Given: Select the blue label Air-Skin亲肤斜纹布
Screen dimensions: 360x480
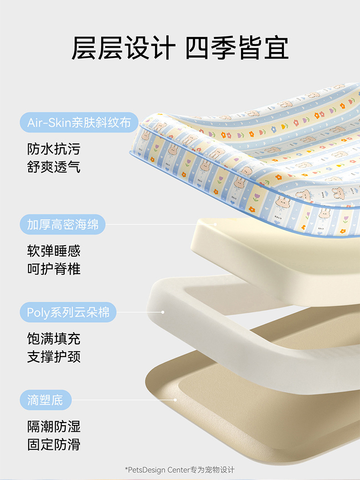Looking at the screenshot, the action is click(x=79, y=123).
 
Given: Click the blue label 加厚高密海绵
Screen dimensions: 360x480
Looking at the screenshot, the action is click(x=62, y=225).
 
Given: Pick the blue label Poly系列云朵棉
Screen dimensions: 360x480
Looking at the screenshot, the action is click(x=68, y=313).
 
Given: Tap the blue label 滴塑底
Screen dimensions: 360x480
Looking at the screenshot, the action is click(x=46, y=400).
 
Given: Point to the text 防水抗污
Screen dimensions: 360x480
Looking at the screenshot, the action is click(x=54, y=149).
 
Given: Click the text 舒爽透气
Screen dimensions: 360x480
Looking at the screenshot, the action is click(x=54, y=166).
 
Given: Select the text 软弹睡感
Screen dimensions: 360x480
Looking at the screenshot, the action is click(x=54, y=251).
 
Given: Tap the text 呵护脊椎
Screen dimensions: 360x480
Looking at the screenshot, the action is click(x=54, y=268).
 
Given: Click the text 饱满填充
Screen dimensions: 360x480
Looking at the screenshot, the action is click(x=54, y=339).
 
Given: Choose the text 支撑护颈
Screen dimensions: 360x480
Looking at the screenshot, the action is click(x=54, y=356).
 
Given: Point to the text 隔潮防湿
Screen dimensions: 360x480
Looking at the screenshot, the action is click(x=54, y=427).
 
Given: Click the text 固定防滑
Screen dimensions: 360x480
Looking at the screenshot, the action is click(x=54, y=444).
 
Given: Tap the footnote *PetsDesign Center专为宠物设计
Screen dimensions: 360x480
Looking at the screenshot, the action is click(x=180, y=470).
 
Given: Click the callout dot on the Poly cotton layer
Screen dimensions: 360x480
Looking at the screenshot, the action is click(x=163, y=312).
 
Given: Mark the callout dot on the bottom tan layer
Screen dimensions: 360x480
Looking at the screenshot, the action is click(x=175, y=400).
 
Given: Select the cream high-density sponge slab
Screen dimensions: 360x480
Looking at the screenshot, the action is click(x=273, y=255).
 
